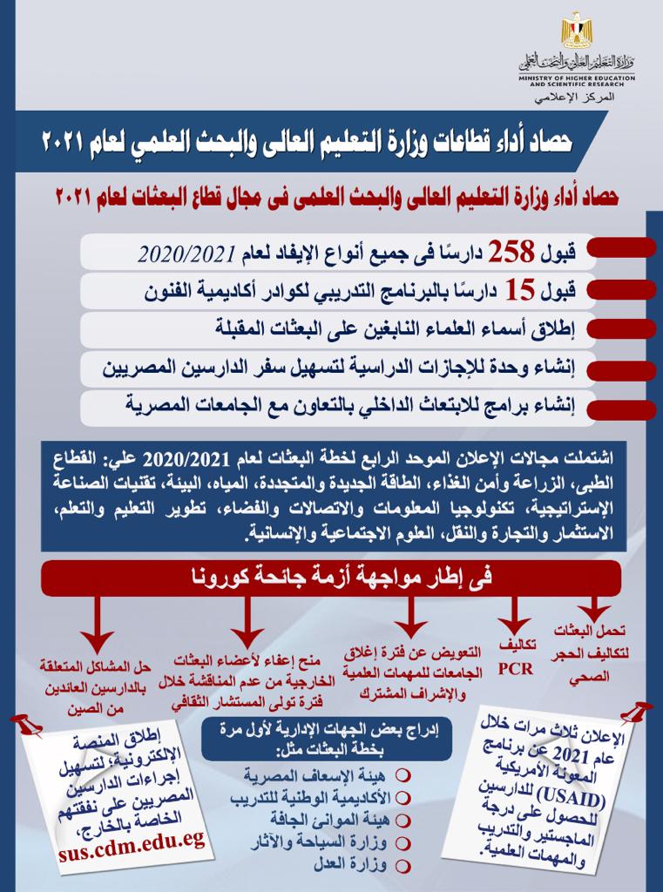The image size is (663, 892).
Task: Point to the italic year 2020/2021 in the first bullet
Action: point(188,254)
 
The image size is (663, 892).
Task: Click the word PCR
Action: point(514,671)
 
